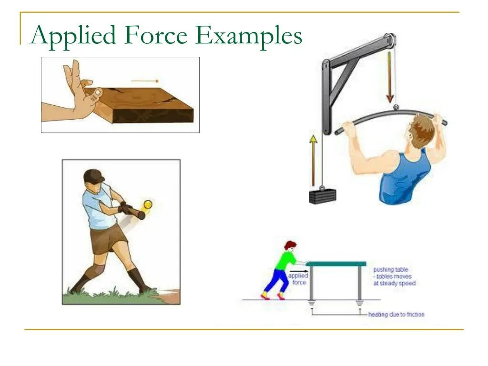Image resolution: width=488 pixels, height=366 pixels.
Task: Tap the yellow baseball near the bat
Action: [148, 204]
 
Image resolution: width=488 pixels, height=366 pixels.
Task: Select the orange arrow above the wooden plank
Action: [145, 81]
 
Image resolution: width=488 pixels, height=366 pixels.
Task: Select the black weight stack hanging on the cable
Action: [322, 195]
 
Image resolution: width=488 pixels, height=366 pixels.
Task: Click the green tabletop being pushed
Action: [336, 264]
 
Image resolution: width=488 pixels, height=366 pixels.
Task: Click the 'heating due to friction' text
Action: [396, 315]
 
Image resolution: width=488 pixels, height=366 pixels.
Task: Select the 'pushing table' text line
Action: [390, 269]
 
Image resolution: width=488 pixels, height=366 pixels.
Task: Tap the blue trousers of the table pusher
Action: [274, 281]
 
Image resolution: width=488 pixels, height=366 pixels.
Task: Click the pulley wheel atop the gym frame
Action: [390, 41]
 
